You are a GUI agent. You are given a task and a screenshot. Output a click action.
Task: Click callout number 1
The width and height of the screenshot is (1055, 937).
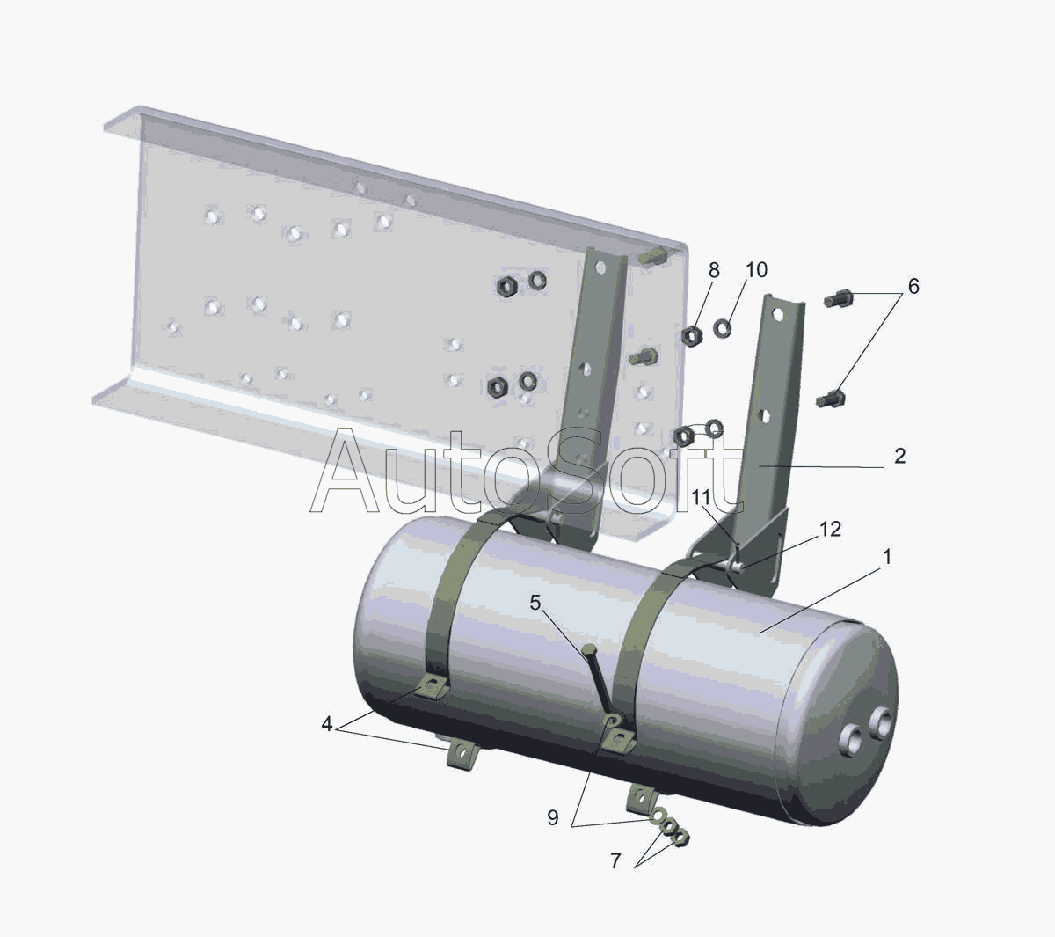[887, 557]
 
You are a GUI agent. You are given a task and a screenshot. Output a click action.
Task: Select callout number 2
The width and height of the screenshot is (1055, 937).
[899, 457]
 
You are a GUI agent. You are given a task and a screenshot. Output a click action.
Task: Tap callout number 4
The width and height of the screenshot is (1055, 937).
[326, 724]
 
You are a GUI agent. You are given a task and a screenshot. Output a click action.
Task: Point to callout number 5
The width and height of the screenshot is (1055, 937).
[535, 603]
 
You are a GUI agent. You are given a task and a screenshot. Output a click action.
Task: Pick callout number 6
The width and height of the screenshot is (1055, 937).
[913, 286]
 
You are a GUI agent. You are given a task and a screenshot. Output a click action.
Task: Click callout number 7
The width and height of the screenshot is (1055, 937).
[615, 861]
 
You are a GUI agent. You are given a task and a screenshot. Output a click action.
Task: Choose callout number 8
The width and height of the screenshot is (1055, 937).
[713, 270]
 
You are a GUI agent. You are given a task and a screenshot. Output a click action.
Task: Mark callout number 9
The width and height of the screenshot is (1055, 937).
[553, 817]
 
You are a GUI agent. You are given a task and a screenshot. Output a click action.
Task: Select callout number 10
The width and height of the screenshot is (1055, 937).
[756, 270]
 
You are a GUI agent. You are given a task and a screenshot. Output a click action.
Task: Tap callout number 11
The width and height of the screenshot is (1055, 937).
[701, 497]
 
